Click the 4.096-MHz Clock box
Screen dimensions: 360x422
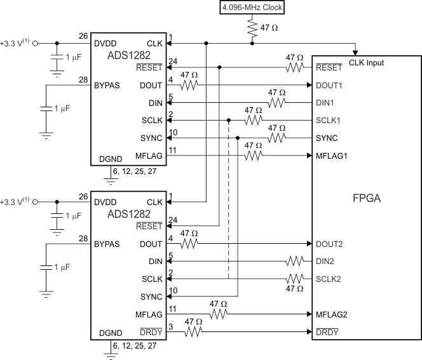click(x=252, y=8)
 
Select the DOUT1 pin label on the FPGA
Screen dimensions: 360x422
click(x=330, y=85)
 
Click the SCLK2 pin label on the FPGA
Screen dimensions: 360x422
click(x=330, y=279)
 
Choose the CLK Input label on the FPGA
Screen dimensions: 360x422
click(x=366, y=63)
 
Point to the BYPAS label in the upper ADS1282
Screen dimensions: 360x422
click(x=109, y=84)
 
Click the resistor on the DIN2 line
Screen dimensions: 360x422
click(x=295, y=261)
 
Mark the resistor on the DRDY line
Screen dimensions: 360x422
click(x=194, y=331)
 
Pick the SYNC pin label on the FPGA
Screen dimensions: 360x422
click(x=326, y=138)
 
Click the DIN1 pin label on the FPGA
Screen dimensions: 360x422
click(x=327, y=103)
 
